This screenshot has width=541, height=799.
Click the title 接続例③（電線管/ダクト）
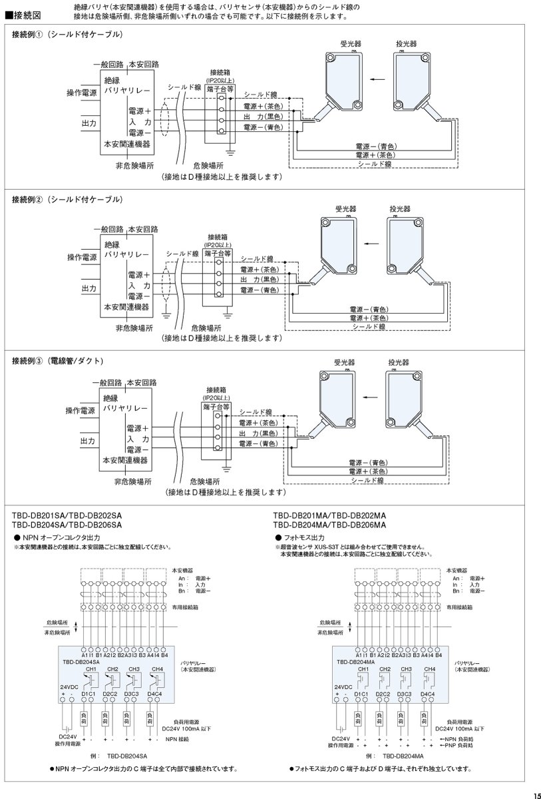click(x=57, y=360)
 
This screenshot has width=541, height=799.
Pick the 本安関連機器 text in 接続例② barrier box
click(x=126, y=307)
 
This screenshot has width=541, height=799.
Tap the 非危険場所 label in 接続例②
click(x=134, y=328)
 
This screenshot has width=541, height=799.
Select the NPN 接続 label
click(x=178, y=739)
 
